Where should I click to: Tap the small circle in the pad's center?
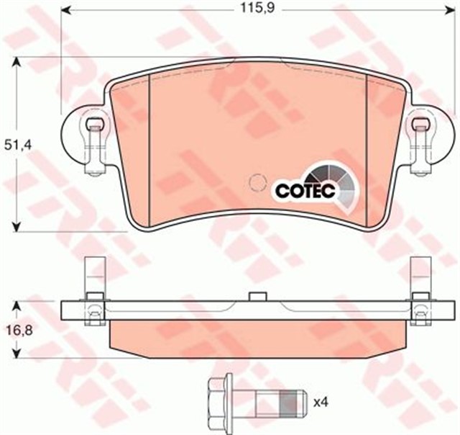click(257, 183)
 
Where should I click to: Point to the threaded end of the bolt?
click(290, 397)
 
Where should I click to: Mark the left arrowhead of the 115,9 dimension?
click(65, 10)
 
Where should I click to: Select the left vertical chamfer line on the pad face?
click(148, 144)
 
